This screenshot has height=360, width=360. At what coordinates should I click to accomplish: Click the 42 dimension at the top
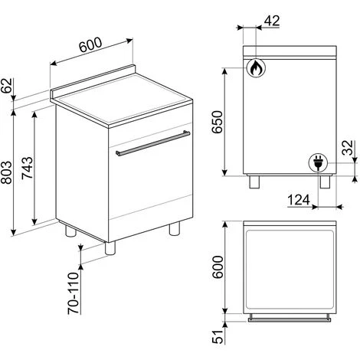pos(270,21)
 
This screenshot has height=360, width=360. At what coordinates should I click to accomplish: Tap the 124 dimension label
pos(299,199)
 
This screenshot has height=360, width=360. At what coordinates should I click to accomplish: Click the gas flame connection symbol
pos(254,68)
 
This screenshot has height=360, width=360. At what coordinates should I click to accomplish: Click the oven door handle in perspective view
pos(151,142)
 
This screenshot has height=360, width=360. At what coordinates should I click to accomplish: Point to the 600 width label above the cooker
pos(90,48)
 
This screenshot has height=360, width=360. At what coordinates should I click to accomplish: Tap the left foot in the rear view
pos(254,182)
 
